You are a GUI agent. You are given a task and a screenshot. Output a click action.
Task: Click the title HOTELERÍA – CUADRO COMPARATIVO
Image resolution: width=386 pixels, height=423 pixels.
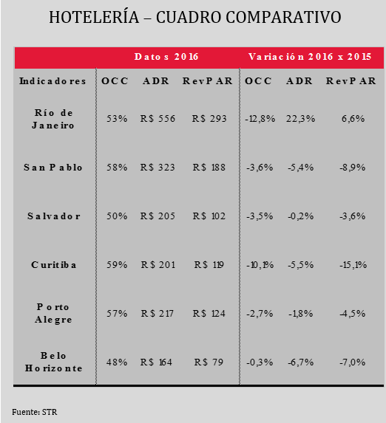coord(195,17)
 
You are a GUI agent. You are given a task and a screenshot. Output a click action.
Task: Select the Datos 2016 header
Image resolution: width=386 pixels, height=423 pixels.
coord(166,57)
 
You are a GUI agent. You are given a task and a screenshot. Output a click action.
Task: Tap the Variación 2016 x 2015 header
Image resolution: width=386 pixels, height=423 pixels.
coord(310,57)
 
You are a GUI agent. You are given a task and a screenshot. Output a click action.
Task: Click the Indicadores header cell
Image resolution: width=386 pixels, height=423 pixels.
coord(53,81)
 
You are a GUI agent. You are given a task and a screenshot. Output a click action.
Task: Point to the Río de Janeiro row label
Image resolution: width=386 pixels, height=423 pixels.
coord(53,119)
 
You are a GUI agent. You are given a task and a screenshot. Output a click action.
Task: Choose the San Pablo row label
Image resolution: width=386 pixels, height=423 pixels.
coord(53,168)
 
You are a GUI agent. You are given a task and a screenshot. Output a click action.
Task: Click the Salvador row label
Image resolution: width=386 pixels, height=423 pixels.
coord(54,216)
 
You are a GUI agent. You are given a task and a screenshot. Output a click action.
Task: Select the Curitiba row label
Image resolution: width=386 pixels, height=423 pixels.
coord(53,264)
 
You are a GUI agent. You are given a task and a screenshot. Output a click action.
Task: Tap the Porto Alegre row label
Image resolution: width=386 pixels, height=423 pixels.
coord(53,313)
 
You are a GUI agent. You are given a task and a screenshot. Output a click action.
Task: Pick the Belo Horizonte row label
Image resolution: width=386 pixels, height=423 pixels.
coord(53,362)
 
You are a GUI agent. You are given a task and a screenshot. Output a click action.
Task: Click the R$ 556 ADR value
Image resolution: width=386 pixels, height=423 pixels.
coord(158,118)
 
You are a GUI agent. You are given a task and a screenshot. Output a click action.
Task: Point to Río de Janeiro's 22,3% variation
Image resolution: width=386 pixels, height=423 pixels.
coord(300,118)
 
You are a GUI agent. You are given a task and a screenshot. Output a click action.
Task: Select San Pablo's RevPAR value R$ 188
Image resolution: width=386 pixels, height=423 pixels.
coord(209,168)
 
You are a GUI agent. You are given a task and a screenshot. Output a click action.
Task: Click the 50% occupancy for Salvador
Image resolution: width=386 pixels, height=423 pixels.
coord(117,216)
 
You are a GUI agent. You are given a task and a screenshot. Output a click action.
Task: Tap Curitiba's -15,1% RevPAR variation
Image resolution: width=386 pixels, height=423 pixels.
coord(353,264)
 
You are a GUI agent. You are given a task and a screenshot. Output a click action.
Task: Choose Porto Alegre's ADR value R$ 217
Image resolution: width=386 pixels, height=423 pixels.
coord(158,314)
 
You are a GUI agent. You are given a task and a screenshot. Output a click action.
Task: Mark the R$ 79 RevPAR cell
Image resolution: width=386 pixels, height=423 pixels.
coord(209,362)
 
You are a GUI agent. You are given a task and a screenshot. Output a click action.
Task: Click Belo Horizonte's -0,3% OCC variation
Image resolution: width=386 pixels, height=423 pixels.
coord(260,362)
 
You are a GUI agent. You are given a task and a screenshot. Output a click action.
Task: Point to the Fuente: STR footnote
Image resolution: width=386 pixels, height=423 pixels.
coord(35,412)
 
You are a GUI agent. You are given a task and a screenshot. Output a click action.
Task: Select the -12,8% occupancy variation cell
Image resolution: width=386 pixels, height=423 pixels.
coord(260,118)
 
